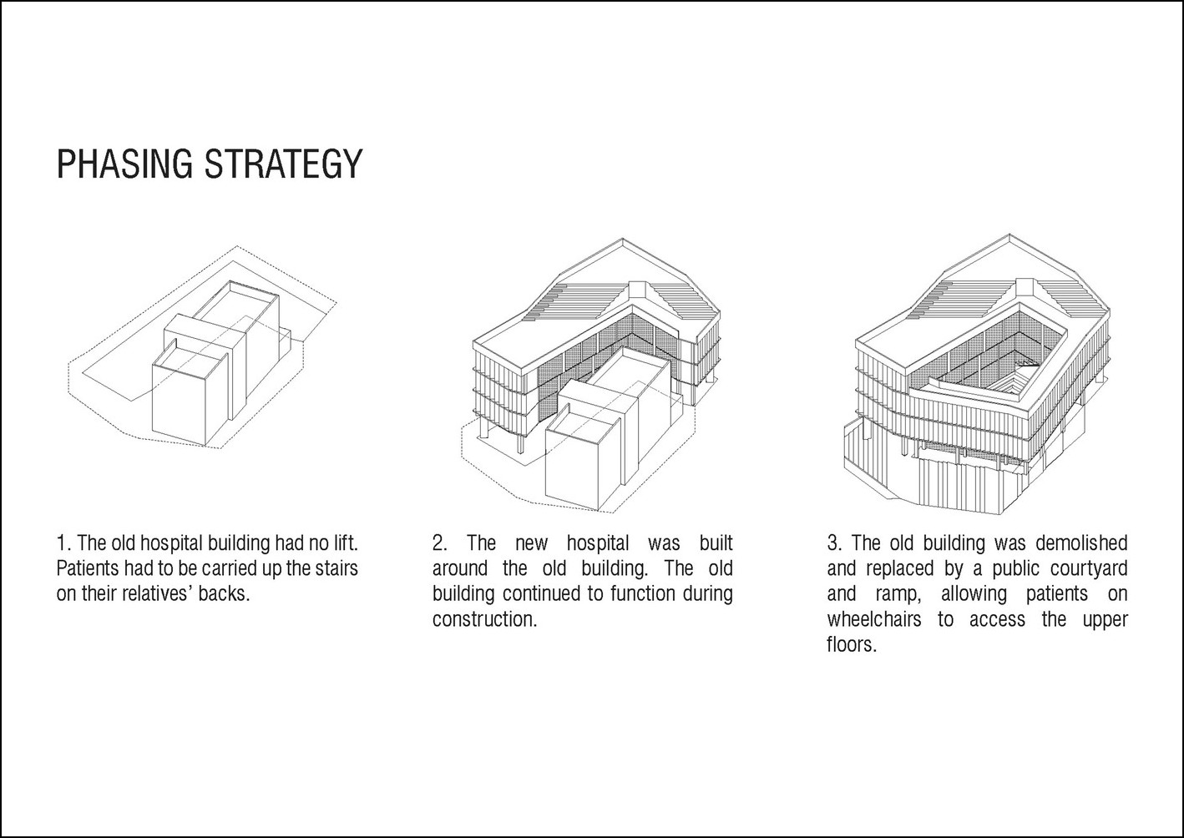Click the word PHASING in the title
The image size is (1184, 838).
point(124,164)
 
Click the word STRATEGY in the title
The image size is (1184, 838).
point(283,164)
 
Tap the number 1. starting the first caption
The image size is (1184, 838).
point(64,543)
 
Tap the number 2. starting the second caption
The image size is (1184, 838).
point(440,543)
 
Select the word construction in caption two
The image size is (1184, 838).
point(484,619)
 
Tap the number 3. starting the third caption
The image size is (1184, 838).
point(835,543)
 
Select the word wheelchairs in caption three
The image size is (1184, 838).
point(874,619)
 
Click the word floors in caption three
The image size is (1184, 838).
point(852,644)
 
